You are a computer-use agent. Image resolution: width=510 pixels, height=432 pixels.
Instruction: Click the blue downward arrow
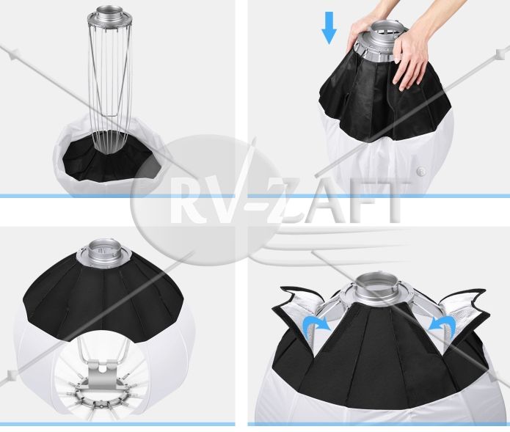point(329,28)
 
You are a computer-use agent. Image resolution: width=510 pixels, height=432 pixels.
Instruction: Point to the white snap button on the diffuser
point(421,170)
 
